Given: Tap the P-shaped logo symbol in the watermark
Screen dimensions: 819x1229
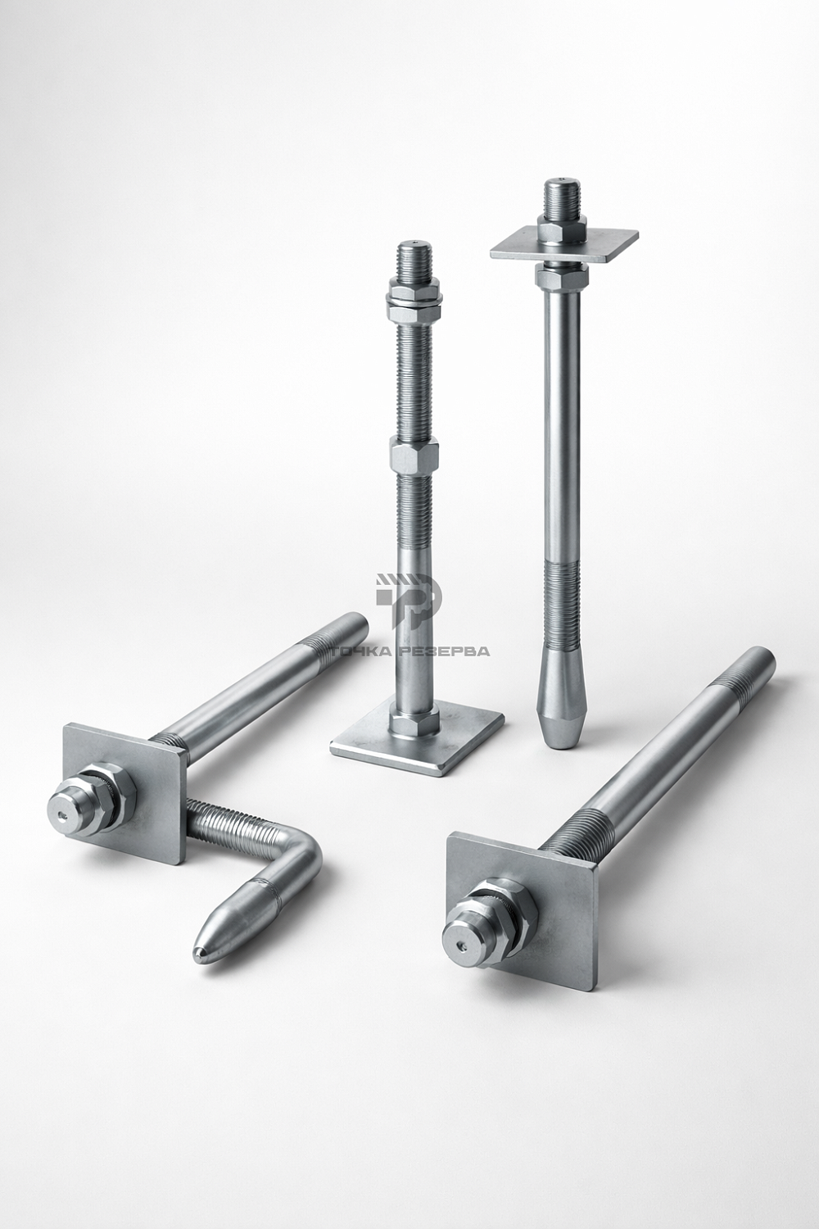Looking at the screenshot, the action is click(409, 601).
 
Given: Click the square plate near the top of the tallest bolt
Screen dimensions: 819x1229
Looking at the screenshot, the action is click(565, 244).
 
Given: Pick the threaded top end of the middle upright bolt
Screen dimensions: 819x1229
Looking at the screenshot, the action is click(414, 260).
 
